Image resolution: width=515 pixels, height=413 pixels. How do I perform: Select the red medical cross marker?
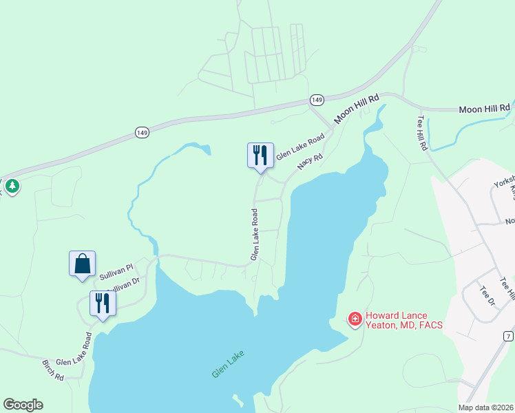point(355,319)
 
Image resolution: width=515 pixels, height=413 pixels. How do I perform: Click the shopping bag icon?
point(82,264)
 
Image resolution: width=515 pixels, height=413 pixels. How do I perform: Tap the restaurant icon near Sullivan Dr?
point(103,304)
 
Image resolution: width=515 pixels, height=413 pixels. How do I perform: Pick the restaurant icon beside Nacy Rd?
point(260,155)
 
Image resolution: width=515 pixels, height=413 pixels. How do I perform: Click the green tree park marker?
point(12,186)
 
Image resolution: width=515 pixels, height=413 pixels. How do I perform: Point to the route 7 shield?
point(508,336)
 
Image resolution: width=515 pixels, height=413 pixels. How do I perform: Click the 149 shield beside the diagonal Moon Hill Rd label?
point(317,100)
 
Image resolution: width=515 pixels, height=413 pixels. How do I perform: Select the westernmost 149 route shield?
point(142,132)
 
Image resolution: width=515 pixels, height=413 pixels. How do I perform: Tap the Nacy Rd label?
point(310,162)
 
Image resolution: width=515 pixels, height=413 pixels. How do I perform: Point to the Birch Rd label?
point(53,370)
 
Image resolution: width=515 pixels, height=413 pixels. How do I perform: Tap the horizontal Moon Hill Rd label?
point(484,109)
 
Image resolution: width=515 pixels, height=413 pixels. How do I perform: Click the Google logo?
point(23,405)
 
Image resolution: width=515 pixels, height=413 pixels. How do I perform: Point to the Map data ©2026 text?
point(486,407)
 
